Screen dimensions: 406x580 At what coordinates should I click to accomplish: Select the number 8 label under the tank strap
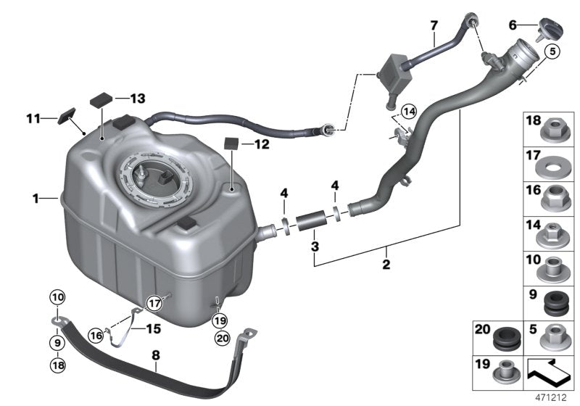coord(155,355)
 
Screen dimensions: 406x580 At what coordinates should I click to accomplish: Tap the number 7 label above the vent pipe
coord(434,25)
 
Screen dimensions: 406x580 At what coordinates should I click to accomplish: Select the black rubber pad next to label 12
coord(232,141)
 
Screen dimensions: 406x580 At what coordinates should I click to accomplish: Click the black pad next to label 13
coord(101,98)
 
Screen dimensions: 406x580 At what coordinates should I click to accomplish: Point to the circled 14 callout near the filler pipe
coord(410,112)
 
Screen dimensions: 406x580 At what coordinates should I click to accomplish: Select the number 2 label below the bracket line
coord(386,265)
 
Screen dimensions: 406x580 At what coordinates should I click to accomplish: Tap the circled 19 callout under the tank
coord(220,319)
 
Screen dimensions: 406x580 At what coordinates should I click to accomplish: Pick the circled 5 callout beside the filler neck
coord(552,51)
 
